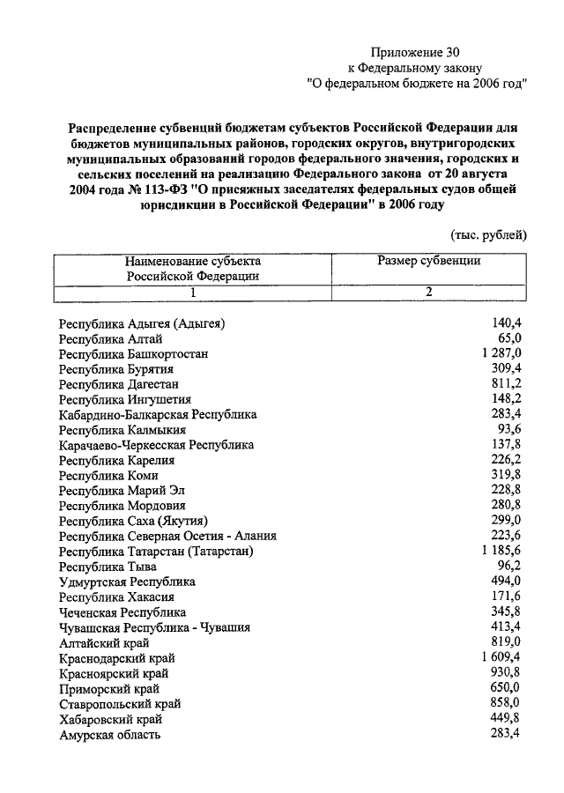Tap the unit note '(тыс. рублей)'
[489, 233]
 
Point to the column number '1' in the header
[191, 293]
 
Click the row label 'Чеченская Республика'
[122, 611]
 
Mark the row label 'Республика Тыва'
[108, 567]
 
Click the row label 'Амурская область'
[110, 734]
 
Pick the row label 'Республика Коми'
[108, 475]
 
